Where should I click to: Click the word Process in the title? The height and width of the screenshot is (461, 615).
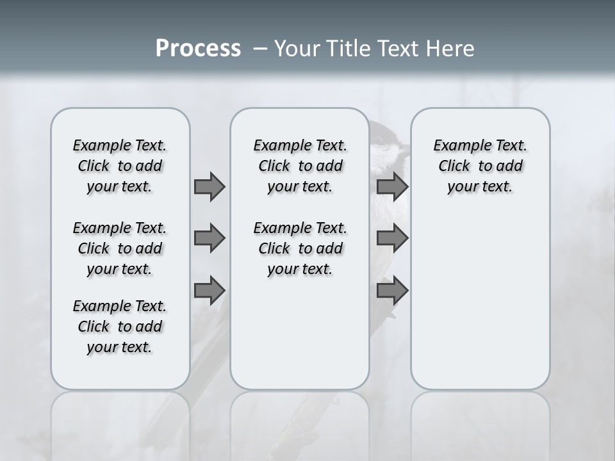click(198, 49)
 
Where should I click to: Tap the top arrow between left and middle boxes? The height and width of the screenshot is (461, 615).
click(209, 186)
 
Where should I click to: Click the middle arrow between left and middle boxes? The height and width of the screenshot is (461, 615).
click(209, 238)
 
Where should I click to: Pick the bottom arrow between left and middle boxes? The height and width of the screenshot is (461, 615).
click(209, 291)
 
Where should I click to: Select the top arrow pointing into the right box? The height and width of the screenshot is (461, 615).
click(392, 186)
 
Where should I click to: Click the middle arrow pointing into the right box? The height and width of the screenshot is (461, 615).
click(392, 238)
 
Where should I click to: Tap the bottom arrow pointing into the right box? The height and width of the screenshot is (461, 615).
click(392, 291)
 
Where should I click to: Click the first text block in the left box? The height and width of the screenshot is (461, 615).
click(120, 166)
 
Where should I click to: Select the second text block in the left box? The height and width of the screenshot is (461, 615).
click(120, 248)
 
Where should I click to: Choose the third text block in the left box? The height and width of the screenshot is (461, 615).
click(120, 327)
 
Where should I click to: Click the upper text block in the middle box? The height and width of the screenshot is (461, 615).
click(300, 166)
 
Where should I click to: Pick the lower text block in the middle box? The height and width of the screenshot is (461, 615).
click(300, 248)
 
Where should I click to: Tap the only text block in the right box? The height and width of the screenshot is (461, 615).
click(480, 166)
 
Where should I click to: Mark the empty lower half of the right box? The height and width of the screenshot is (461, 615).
click(480, 307)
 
